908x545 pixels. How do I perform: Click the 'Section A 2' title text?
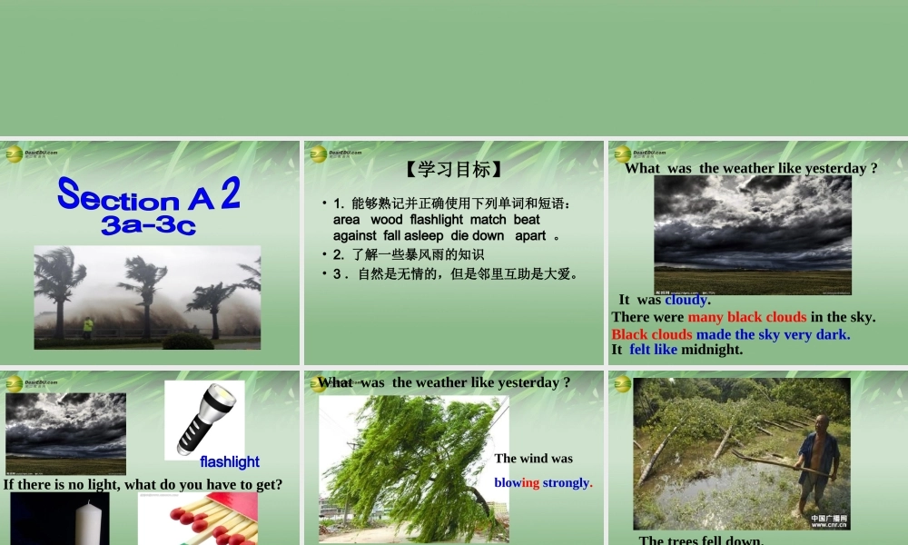149,195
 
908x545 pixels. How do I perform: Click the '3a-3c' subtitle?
149,225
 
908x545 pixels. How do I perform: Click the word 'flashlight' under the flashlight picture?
230,461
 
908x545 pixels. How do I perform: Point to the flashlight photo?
203,419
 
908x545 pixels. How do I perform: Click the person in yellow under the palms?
88,326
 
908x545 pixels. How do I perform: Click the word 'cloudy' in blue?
686,300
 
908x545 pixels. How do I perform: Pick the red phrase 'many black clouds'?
746,317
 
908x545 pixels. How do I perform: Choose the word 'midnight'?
712,350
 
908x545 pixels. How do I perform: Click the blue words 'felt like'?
653,350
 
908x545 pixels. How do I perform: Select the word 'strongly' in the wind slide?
566,482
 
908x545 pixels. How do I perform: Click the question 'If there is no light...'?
143,484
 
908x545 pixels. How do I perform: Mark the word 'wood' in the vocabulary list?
386,220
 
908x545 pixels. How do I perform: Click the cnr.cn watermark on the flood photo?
829,521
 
